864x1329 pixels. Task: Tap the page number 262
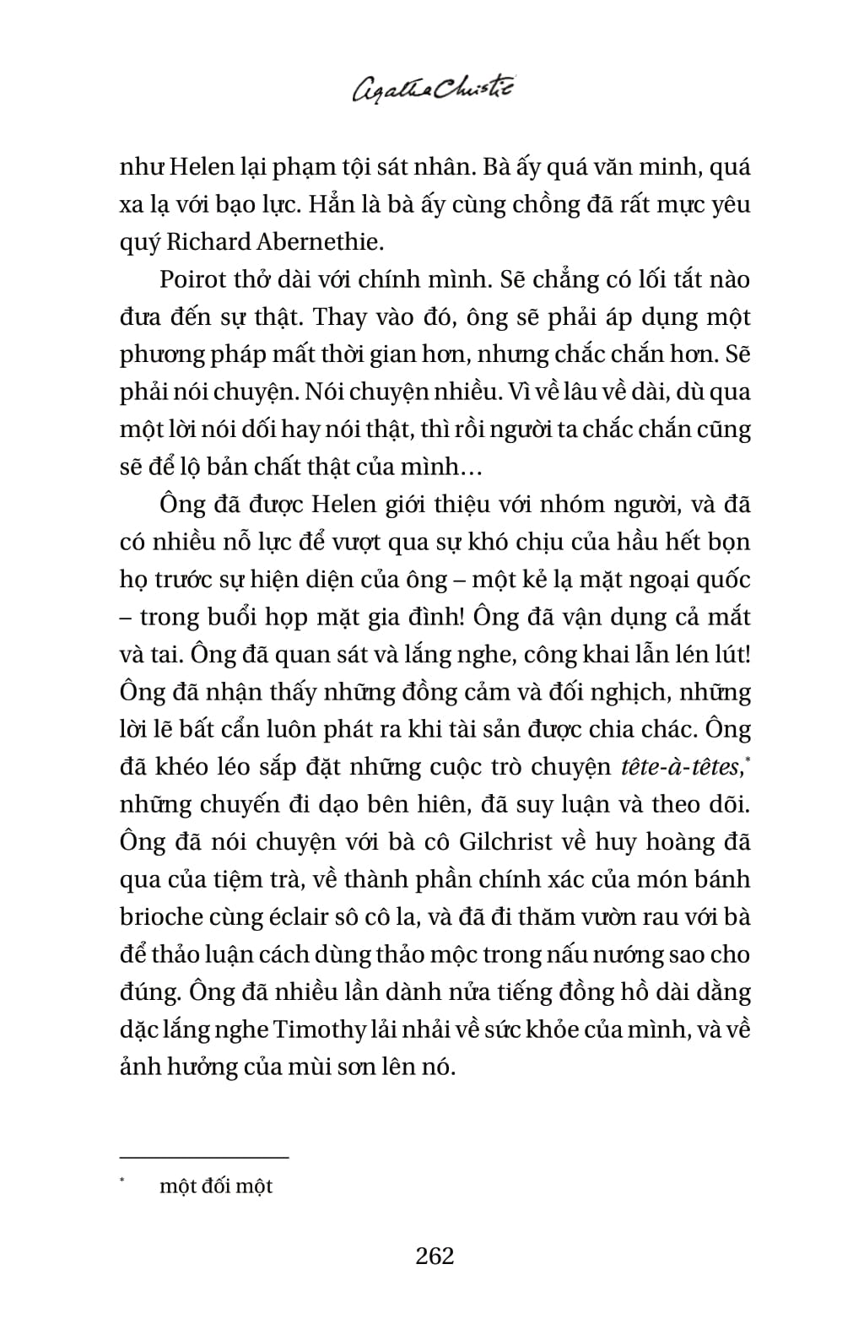click(x=435, y=1256)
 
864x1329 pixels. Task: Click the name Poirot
click(x=190, y=279)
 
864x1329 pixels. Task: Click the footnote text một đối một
click(x=216, y=1186)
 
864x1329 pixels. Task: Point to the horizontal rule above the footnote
click(x=204, y=1158)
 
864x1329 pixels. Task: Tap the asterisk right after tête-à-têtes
click(x=747, y=760)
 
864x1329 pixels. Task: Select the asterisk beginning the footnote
click(x=122, y=1182)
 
